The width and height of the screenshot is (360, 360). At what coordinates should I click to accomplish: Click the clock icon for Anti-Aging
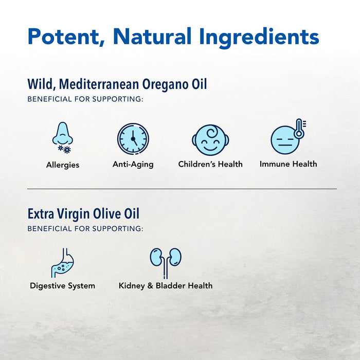pyautogui.click(x=133, y=138)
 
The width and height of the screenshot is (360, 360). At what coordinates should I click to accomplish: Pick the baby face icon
pyautogui.click(x=210, y=139)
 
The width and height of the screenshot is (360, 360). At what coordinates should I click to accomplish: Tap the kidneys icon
pyautogui.click(x=166, y=259)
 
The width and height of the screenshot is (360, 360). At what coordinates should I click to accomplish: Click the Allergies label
pyautogui.click(x=63, y=165)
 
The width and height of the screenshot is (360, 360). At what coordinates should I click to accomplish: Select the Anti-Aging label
pyautogui.click(x=133, y=165)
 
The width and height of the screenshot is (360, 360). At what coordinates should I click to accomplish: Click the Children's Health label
pyautogui.click(x=210, y=165)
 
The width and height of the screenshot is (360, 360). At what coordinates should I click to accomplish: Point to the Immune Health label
pyautogui.click(x=288, y=165)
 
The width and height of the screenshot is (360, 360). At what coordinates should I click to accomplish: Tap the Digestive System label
pyautogui.click(x=62, y=286)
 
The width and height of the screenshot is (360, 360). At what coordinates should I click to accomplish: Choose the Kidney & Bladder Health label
pyautogui.click(x=166, y=286)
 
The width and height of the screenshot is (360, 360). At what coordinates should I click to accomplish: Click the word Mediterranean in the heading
pyautogui.click(x=93, y=84)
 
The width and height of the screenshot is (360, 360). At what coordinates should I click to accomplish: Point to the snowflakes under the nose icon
pyautogui.click(x=64, y=149)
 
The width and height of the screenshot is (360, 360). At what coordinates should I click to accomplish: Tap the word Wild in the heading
pyautogui.click(x=39, y=84)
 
